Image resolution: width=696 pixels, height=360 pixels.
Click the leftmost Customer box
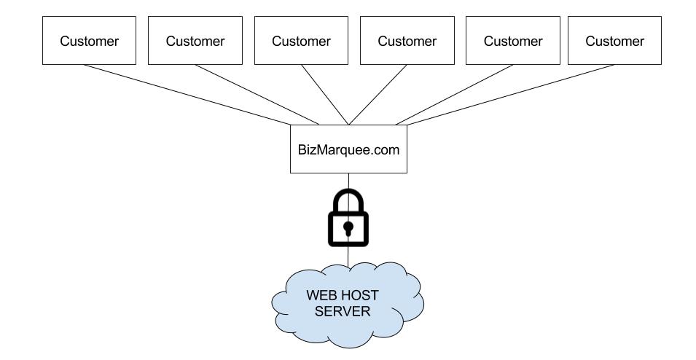(x=89, y=41)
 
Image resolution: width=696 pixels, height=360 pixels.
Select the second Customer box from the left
(x=195, y=41)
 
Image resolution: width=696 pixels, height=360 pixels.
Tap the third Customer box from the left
(x=301, y=41)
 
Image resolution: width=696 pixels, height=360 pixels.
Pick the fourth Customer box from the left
(x=407, y=41)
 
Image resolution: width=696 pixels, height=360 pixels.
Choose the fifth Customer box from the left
(x=513, y=41)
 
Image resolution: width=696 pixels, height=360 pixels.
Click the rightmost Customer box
(x=615, y=41)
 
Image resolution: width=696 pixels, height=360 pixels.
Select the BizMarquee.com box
(x=348, y=149)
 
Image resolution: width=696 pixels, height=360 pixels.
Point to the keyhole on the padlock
(x=348, y=229)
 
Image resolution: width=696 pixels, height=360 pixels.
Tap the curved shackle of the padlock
(x=348, y=195)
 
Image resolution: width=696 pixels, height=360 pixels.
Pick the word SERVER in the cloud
(x=348, y=312)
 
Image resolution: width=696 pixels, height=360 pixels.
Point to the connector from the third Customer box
(x=325, y=94)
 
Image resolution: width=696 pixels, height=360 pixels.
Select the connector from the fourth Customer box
(x=378, y=94)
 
